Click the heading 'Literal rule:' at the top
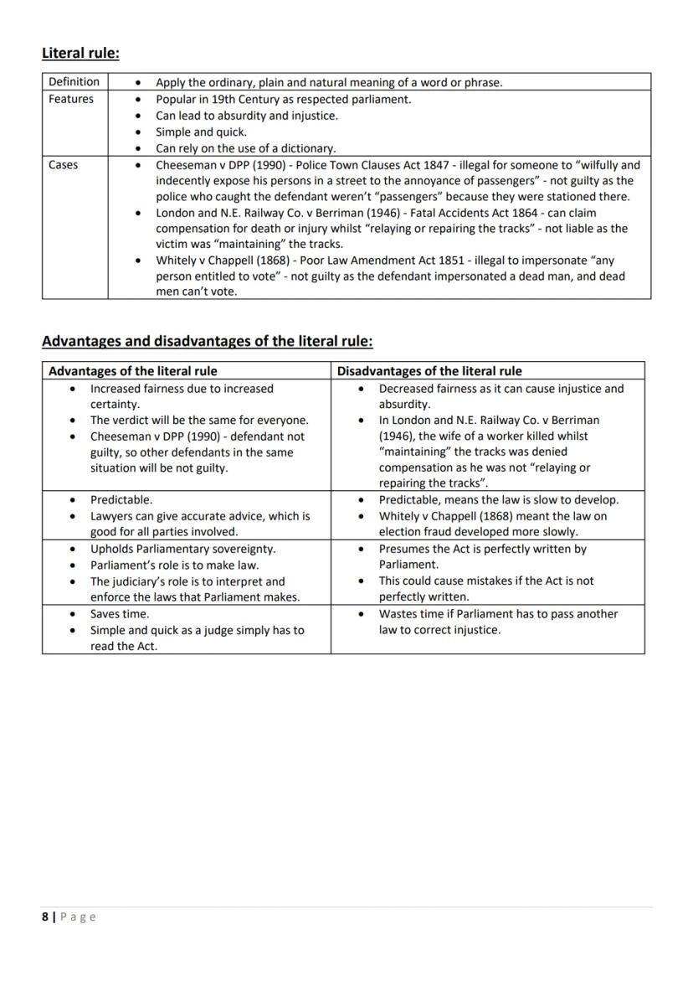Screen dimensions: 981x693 point(80,54)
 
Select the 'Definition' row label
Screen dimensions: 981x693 point(74,82)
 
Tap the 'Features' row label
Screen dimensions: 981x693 point(71,99)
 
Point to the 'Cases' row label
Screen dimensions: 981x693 point(64,165)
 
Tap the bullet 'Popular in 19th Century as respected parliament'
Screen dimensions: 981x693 point(284,99)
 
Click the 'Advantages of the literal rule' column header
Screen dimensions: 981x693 point(132,371)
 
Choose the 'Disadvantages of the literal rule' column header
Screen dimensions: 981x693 point(429,371)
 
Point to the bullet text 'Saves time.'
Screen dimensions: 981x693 point(120,614)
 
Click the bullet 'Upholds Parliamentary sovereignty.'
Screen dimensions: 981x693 point(182,550)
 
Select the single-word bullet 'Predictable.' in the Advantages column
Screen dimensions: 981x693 point(121,500)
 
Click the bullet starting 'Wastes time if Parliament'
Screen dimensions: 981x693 point(498,614)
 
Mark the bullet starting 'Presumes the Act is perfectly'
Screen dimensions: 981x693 point(482,550)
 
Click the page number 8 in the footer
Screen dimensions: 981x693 point(45,916)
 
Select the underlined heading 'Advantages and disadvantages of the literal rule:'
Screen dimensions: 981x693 point(208,342)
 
